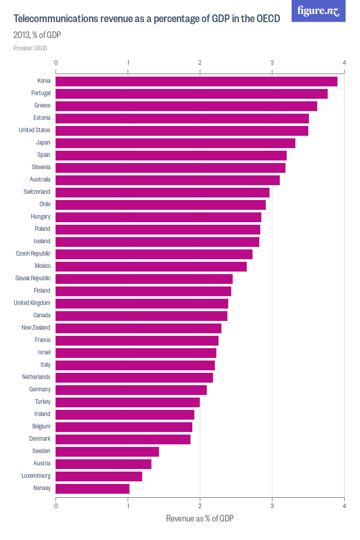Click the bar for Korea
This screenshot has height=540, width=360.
point(196,81)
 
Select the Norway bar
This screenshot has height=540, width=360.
point(93,489)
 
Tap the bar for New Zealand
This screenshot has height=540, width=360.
point(138,328)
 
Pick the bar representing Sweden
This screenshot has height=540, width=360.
point(107,452)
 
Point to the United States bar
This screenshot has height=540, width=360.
point(182,131)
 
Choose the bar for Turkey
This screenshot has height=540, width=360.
point(128,402)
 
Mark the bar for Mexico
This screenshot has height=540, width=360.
point(151,266)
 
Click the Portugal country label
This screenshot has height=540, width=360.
point(41,93)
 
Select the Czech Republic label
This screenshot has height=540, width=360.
point(33,254)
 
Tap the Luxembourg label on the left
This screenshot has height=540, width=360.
point(36,476)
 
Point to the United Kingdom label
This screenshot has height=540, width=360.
point(32,303)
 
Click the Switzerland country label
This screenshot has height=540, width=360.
point(37,192)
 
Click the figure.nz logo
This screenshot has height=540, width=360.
point(318,11)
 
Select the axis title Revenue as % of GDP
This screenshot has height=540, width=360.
point(200,518)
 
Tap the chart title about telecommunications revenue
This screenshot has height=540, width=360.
point(147,19)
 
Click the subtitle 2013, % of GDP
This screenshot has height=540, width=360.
point(38,35)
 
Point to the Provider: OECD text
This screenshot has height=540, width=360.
point(30,48)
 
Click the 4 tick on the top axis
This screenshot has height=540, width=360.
point(344,62)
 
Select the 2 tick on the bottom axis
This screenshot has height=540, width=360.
point(200,505)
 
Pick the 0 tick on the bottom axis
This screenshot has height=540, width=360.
point(56,505)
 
